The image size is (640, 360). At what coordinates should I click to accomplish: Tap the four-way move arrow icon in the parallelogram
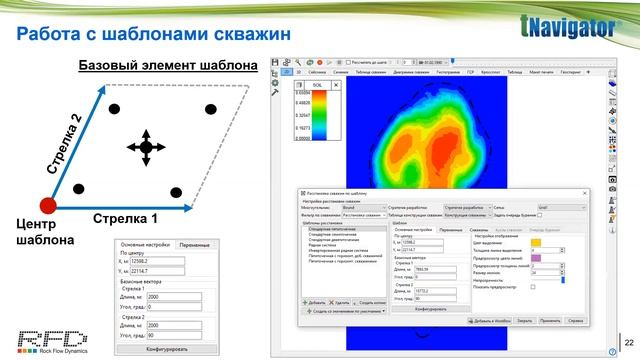pyautogui.click(x=146, y=147)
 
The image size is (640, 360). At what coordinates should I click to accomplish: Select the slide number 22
pyautogui.click(x=628, y=340)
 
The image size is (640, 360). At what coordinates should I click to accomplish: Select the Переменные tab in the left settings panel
pyautogui.click(x=195, y=244)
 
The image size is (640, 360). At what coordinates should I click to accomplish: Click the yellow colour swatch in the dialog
pyautogui.click(x=536, y=242)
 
